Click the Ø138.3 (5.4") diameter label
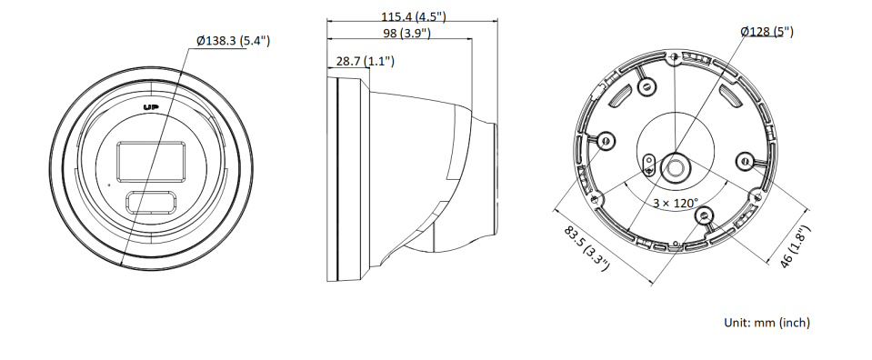233,41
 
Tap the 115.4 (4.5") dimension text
413,16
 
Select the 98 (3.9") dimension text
407,33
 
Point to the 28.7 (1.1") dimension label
366,61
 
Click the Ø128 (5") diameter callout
767,31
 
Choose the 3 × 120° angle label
675,203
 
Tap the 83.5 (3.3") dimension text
586,248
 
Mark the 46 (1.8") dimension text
793,246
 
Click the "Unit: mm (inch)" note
767,322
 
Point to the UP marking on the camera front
151,107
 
